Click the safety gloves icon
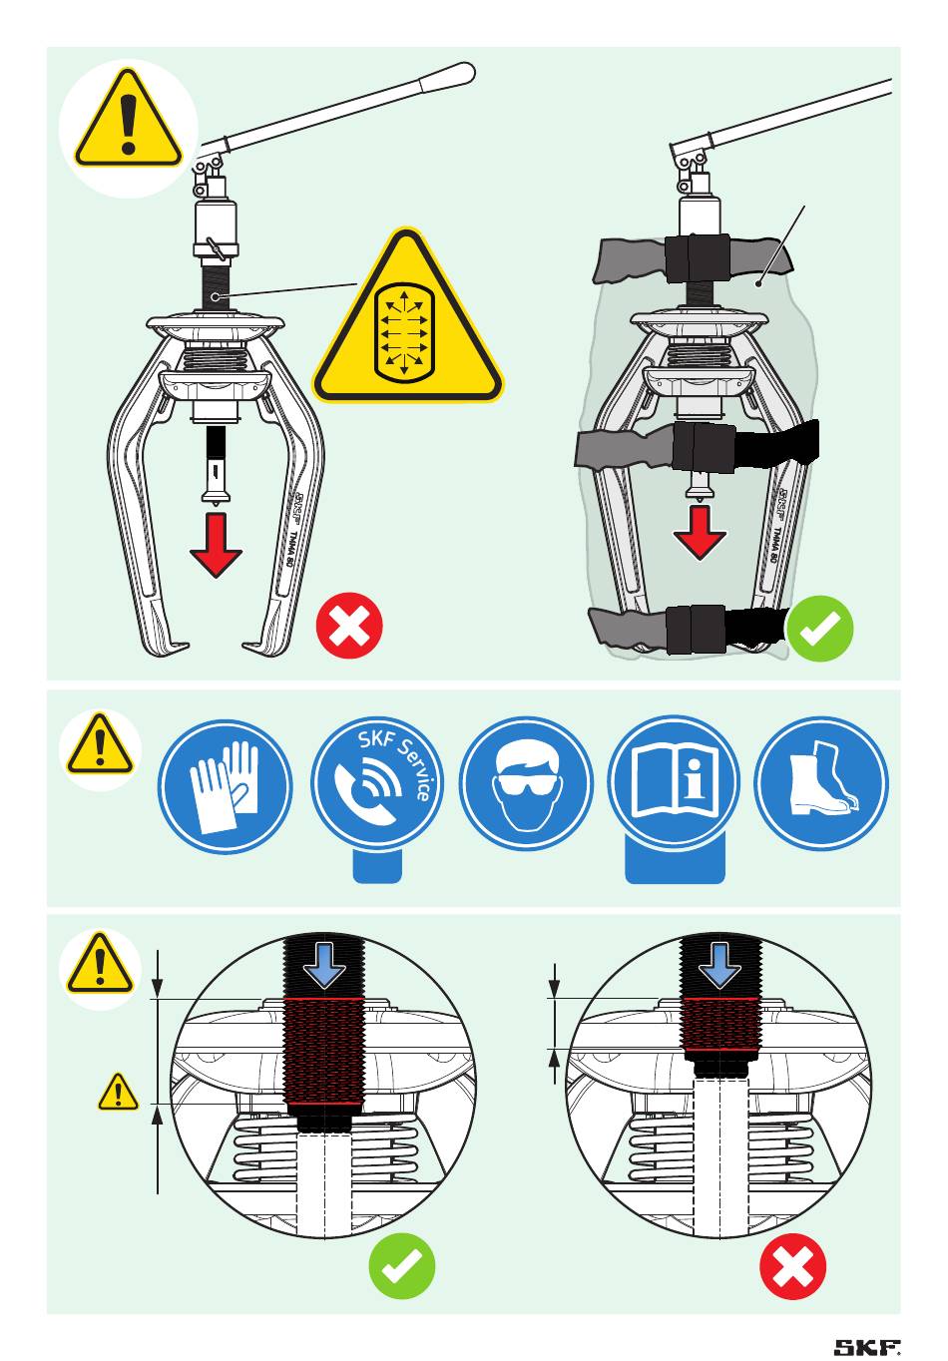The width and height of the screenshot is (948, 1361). pos(226,783)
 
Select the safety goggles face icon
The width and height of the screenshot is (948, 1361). pos(525,783)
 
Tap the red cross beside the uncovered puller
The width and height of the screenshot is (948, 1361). pos(349,627)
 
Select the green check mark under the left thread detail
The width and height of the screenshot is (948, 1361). pos(402,1266)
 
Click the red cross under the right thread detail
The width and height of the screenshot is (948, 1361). pos(793,1266)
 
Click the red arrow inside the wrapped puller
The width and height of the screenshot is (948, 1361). pos(700,532)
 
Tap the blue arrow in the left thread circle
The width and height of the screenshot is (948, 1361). pos(324,965)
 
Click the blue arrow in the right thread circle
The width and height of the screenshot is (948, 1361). pos(720,965)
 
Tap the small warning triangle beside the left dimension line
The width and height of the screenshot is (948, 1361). pos(118,1093)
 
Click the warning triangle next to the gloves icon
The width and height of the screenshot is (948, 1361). pos(100,745)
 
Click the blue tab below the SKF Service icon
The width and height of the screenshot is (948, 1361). pos(378,866)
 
